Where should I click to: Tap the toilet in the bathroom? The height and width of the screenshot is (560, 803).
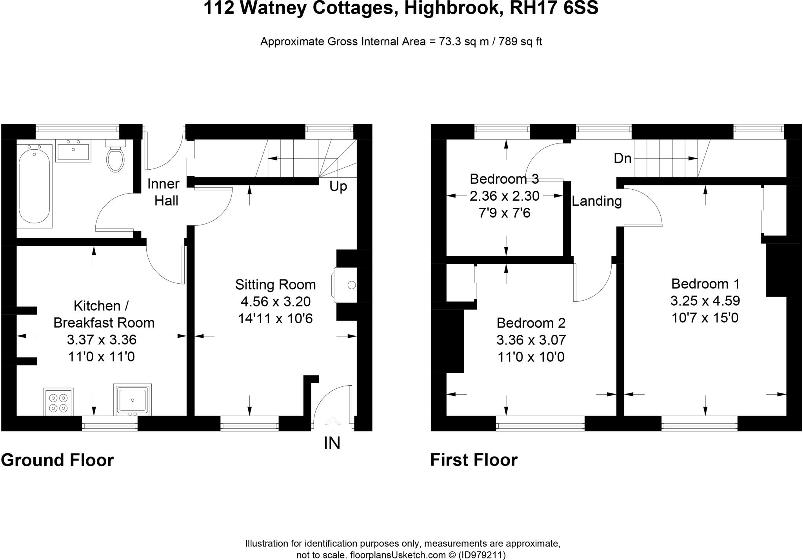[115, 158]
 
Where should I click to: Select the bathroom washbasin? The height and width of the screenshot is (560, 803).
[73, 150]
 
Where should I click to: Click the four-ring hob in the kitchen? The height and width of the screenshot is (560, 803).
[58, 402]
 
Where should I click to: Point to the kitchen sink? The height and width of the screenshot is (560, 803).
[133, 400]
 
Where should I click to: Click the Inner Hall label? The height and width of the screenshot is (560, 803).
[164, 192]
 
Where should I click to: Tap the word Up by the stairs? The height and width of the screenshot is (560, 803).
[338, 187]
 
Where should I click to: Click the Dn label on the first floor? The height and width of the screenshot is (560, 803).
[623, 158]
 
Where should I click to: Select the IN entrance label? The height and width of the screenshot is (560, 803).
[332, 443]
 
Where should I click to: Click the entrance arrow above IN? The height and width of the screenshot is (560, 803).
[332, 424]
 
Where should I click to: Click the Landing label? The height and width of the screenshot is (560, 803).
[596, 201]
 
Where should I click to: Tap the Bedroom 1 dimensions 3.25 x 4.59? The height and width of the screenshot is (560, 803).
[705, 301]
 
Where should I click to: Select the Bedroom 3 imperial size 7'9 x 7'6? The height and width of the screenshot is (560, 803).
[504, 213]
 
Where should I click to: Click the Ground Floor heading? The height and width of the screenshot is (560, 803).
[57, 460]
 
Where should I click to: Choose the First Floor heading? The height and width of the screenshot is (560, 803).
[474, 460]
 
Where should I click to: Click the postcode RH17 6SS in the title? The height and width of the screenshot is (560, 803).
[554, 8]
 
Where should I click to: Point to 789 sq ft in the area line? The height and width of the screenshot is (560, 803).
[520, 42]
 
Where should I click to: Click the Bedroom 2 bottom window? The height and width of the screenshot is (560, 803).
[540, 423]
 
